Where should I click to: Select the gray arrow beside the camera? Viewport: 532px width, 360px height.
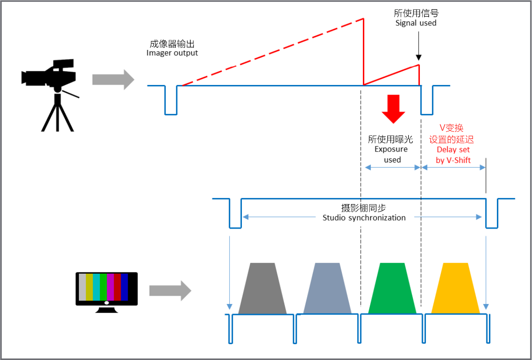[113, 80]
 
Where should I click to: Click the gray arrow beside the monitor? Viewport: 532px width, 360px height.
[170, 291]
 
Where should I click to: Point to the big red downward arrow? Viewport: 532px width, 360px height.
[393, 109]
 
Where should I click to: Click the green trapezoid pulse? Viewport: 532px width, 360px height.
[392, 288]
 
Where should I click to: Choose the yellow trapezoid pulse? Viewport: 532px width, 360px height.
[455, 288]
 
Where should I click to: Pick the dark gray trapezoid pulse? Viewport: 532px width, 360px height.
[262, 288]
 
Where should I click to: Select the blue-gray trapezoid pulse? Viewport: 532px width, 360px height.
[327, 288]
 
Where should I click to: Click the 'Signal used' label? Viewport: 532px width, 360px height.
[416, 23]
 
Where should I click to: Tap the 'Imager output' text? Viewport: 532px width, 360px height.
[172, 53]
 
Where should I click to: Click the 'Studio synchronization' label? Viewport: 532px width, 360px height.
[364, 218]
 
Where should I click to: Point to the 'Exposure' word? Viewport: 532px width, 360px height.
[391, 149]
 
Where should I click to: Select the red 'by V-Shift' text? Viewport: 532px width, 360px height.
[453, 160]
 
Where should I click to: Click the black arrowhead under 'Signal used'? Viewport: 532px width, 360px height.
[419, 57]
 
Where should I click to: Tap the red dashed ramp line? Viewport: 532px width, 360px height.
[273, 52]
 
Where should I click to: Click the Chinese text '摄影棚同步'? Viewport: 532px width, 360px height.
[364, 208]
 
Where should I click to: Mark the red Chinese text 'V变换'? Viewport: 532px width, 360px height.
[451, 128]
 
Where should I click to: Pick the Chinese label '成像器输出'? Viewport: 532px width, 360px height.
[172, 44]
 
